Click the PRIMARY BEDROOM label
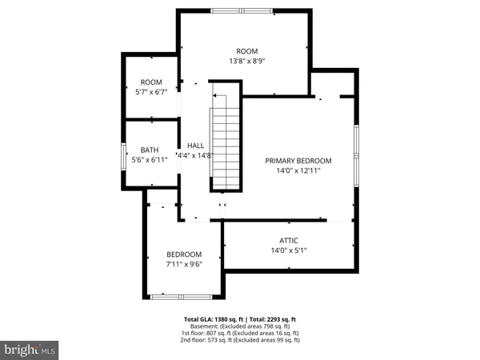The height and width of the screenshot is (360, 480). (x=298, y=161)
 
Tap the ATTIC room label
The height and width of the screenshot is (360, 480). (x=289, y=241)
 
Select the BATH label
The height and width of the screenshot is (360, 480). (x=150, y=150)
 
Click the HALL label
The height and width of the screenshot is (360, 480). (x=195, y=146)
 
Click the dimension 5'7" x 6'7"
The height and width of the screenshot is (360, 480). (x=151, y=92)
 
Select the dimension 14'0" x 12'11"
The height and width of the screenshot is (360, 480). (x=298, y=170)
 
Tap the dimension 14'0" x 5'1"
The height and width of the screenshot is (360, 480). (x=289, y=250)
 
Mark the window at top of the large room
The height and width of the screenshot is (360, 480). (x=241, y=10)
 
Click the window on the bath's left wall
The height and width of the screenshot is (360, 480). (x=122, y=154)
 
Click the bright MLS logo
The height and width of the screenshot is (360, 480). (x=30, y=349)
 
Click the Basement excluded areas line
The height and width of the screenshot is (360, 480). (x=241, y=326)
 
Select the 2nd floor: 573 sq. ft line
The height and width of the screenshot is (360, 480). (x=241, y=340)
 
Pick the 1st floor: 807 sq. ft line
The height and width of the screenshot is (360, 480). (x=241, y=333)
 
